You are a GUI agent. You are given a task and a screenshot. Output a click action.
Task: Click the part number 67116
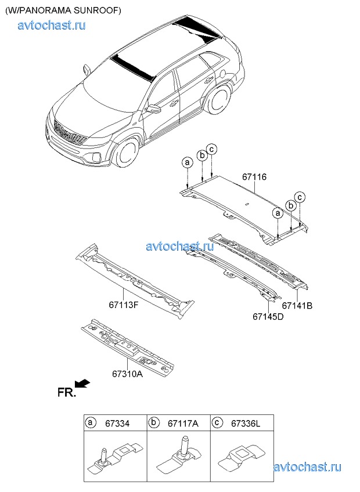click(254, 178)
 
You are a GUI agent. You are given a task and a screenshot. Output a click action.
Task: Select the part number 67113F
click(124, 305)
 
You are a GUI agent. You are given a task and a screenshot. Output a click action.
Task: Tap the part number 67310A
click(127, 374)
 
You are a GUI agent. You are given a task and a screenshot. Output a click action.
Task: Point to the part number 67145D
click(268, 317)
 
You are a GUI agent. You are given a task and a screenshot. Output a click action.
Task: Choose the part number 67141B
click(297, 306)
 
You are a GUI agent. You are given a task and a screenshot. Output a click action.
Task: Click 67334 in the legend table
click(117, 424)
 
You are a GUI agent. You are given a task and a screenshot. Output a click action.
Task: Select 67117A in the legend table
click(183, 424)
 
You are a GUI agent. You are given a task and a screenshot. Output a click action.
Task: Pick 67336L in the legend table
click(246, 424)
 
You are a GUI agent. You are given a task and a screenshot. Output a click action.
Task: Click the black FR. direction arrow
click(82, 384)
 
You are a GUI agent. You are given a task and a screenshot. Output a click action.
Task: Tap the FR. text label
click(67, 393)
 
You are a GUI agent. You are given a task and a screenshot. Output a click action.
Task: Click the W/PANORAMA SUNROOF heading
click(63, 10)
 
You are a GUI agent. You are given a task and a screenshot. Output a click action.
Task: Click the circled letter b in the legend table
click(154, 423)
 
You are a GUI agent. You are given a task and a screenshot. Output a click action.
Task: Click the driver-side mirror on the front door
click(153, 109)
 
